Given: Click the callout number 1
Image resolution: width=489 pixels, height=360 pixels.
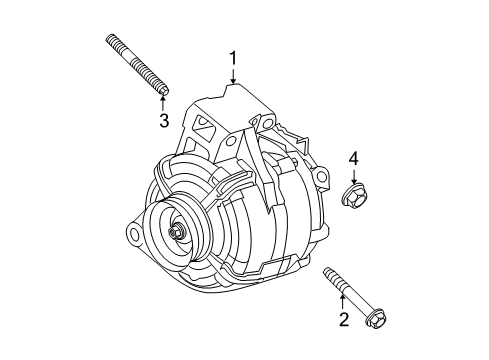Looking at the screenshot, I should coord(234,59).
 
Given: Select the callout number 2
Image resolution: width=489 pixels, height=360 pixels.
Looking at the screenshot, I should coord(343,320).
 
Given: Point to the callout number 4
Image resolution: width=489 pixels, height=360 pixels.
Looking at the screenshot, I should coord(353,158).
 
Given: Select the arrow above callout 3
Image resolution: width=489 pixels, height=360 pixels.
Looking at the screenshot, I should coord(163,103).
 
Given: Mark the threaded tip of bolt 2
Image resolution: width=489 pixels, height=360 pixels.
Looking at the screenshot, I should coord(327,270).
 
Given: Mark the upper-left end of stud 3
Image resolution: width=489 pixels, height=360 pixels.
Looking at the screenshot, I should coord(107,39).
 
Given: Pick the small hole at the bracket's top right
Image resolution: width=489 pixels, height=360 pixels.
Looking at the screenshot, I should coord(266,121).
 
